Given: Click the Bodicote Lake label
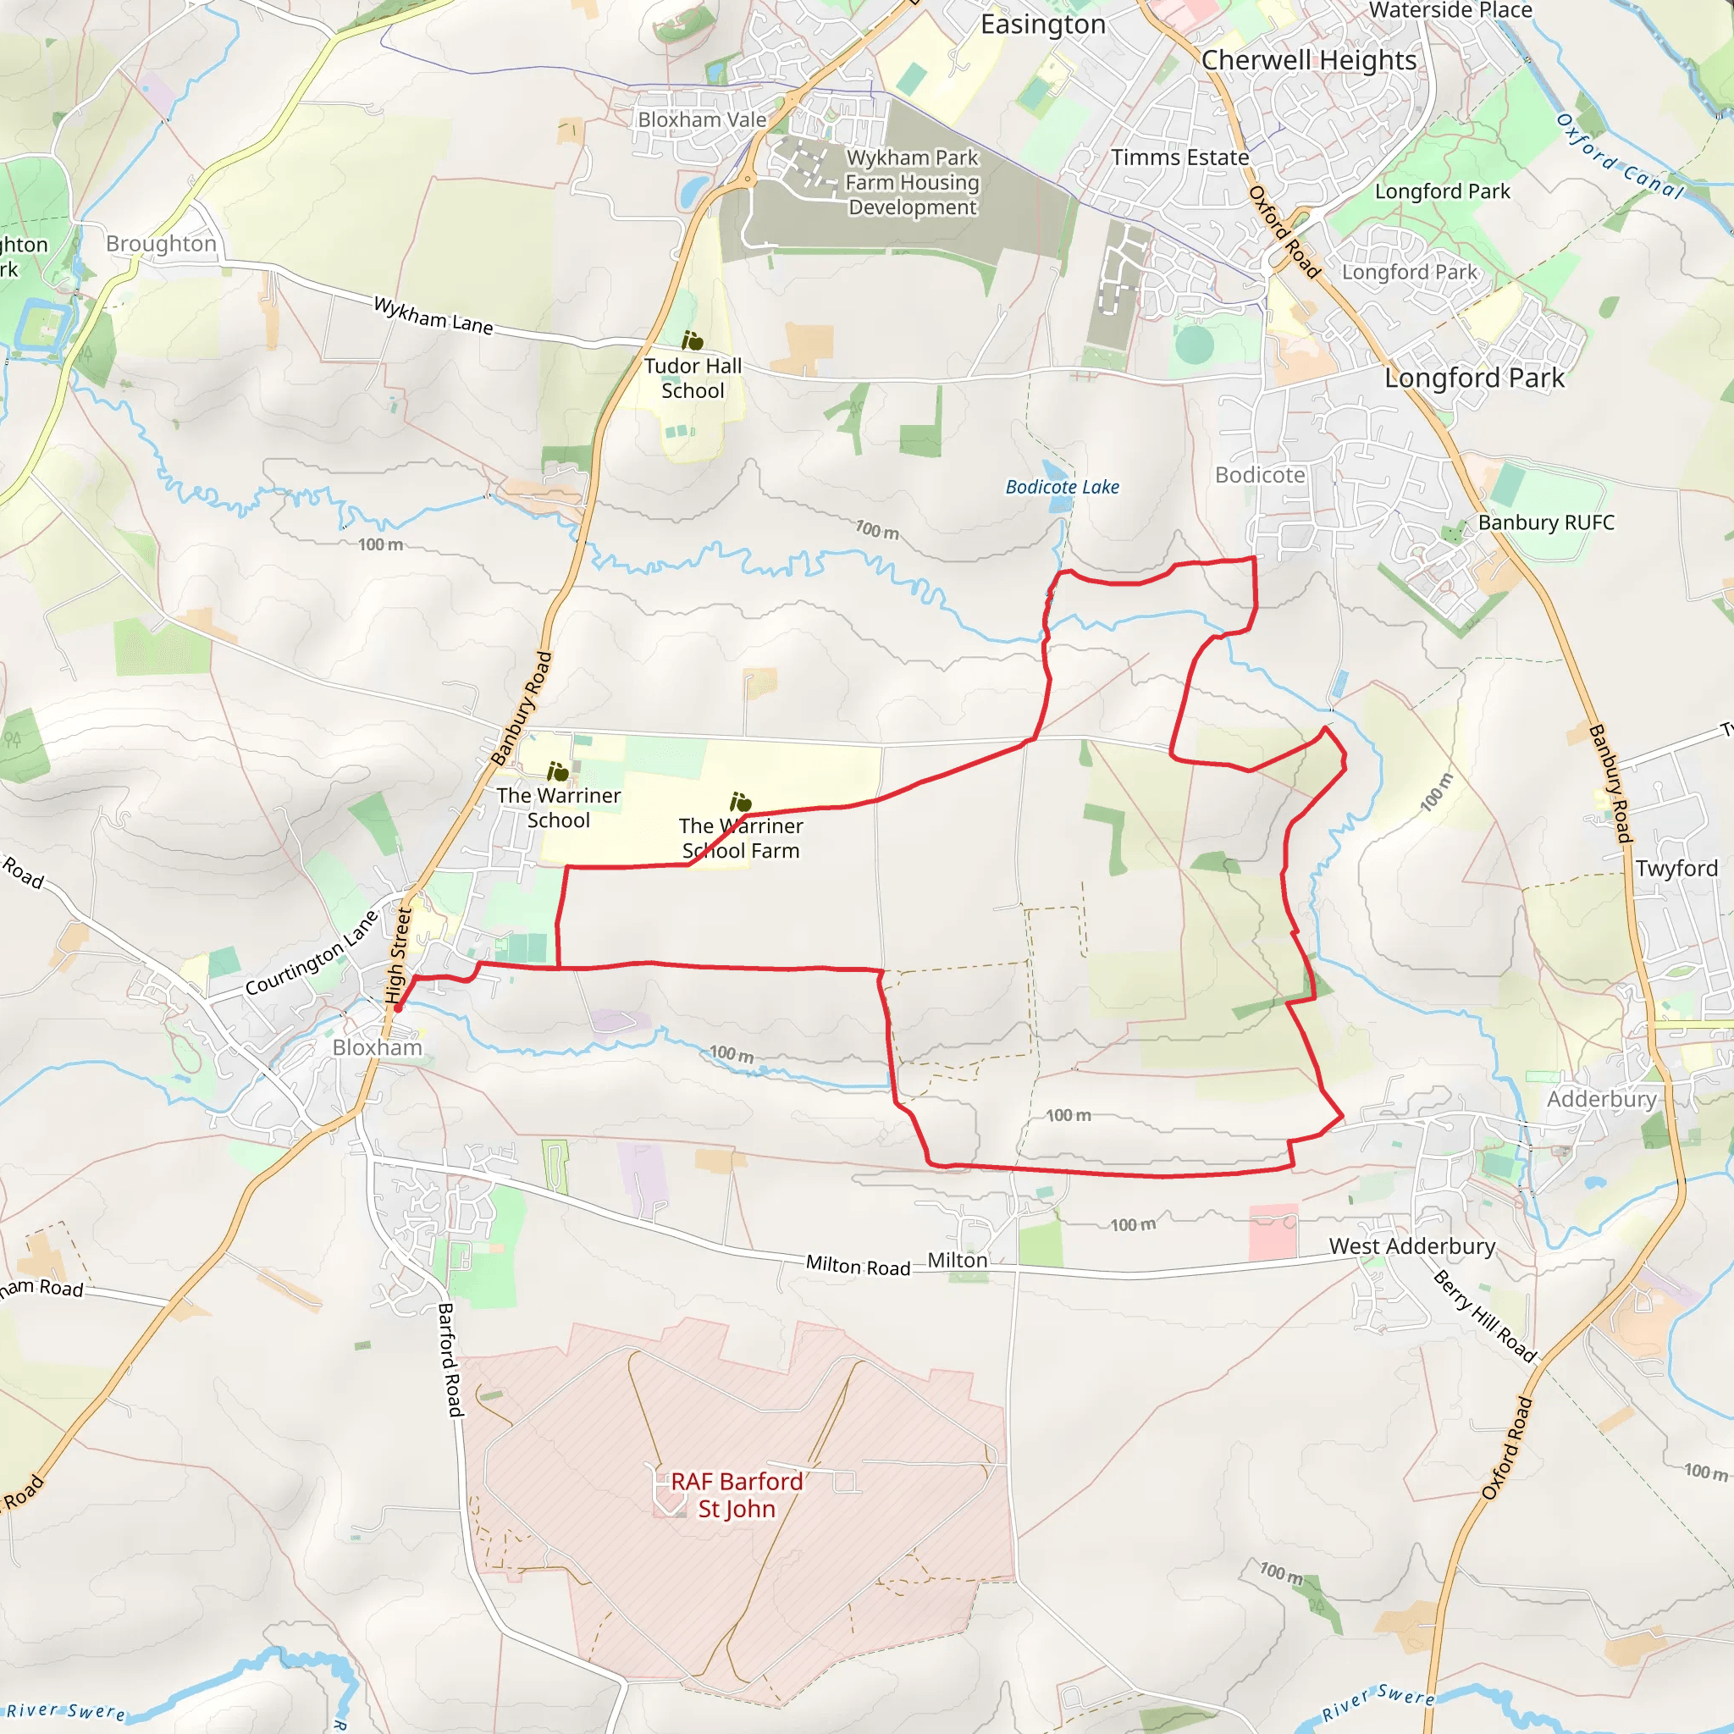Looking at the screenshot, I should point(1062,488).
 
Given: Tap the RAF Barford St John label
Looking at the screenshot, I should point(737,1494).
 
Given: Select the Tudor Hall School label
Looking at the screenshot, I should point(693,378).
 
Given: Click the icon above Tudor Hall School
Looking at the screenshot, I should point(692,340).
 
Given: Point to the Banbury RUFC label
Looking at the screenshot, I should point(1545,522).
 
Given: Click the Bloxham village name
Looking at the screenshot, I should point(377,1047).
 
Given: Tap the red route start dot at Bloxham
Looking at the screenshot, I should point(398,1008).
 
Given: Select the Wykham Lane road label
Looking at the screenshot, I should point(433,315).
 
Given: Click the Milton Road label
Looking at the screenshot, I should point(857,1266).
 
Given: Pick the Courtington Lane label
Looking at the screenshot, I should point(312,953).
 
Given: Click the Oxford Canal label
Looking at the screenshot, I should point(1620,156).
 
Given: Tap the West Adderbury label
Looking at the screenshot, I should point(1411,1245).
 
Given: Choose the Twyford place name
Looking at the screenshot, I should point(1676,868).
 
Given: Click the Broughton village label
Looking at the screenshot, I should point(162,243).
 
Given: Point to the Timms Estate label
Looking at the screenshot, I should point(1179,157).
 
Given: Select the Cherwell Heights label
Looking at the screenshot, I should point(1309,60).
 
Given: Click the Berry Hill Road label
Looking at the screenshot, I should point(1484,1316).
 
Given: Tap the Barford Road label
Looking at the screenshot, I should point(450,1360).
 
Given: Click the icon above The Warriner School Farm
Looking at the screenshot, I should point(741,802).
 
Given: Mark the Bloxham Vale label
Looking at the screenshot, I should point(702,119).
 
